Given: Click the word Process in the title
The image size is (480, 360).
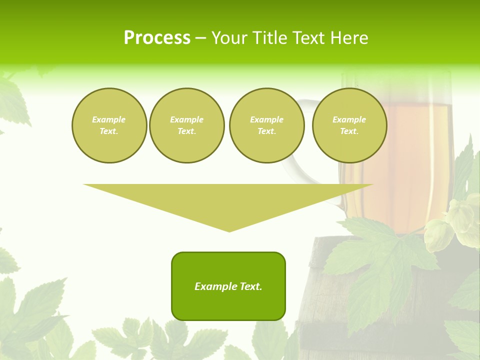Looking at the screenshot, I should pyautogui.click(x=157, y=38).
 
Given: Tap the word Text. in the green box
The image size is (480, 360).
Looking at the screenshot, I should pyautogui.click(x=250, y=286).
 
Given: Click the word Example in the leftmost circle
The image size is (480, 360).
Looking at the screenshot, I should pyautogui.click(x=109, y=120).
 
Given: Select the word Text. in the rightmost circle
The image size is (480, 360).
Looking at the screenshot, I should pyautogui.click(x=349, y=131).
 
